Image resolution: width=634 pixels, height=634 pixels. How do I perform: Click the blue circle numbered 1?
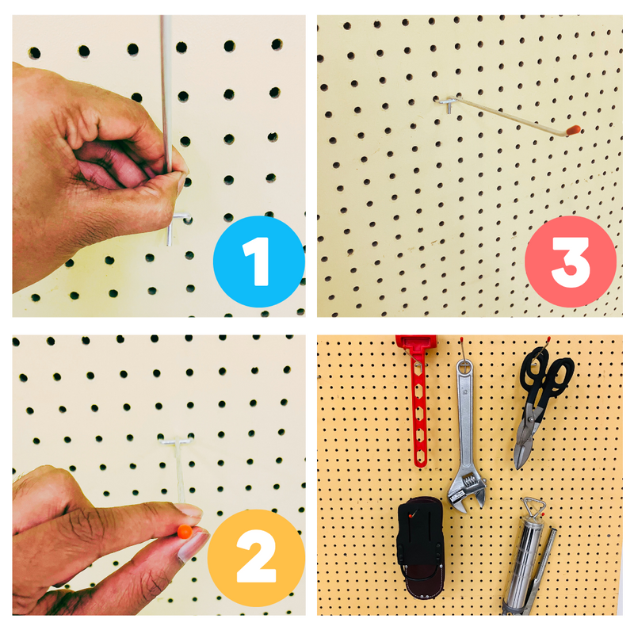259,262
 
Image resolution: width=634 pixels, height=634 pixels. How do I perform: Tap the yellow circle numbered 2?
256,558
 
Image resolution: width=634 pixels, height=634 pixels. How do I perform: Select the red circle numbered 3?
571,262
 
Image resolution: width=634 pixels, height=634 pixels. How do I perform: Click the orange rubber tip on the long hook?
573,130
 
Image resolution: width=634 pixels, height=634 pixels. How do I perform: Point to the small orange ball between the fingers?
185,531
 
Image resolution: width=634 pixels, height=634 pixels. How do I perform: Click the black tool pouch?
420,547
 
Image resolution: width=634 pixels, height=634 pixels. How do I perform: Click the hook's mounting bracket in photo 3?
447,104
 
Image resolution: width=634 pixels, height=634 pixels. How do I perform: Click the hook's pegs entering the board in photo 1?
180,219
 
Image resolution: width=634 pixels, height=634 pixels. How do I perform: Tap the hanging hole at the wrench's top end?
464,368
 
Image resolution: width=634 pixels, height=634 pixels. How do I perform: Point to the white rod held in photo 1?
166,93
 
